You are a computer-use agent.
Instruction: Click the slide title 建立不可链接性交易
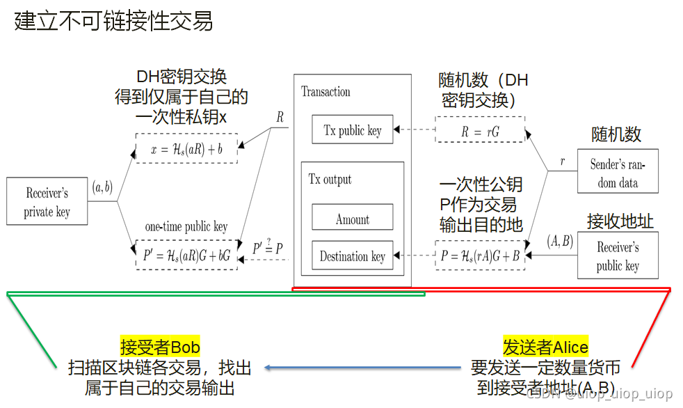[x=113, y=22]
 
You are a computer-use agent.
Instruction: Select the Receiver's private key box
[x=47, y=202]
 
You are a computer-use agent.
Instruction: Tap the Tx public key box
[x=353, y=130]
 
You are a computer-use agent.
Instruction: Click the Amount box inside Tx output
[x=353, y=219]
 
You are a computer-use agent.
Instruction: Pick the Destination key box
[x=353, y=256]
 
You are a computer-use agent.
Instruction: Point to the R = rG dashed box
[x=480, y=130]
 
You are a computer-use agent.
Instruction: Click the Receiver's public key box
[x=618, y=256]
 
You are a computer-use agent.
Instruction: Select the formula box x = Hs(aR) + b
[x=186, y=148]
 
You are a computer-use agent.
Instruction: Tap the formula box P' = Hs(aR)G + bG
[x=186, y=256]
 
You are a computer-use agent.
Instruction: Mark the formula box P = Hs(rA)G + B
[x=480, y=256]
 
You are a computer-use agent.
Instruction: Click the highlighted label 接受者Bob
[x=160, y=347]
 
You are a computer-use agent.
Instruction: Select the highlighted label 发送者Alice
[x=545, y=347]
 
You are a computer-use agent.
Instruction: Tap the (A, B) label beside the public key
[x=559, y=241]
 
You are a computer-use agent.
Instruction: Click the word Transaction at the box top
[x=326, y=92]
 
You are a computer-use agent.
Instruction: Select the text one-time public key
[x=186, y=227]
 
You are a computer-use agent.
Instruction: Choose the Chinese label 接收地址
[x=620, y=221]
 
